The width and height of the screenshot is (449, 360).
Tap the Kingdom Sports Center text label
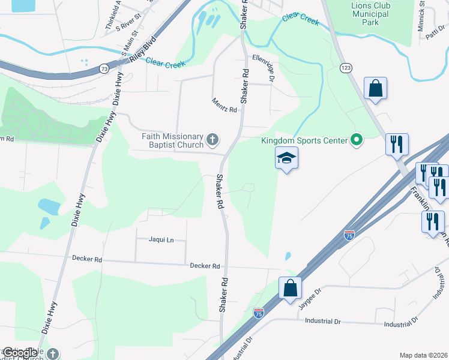(304, 141)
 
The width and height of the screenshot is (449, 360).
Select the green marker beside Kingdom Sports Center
(357, 141)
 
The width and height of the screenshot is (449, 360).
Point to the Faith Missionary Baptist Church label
(172, 140)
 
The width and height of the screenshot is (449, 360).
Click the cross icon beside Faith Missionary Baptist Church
(212, 140)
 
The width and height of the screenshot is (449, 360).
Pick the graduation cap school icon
(286, 159)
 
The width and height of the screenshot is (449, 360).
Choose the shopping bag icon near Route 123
(375, 89)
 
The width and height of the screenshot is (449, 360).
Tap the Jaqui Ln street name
(161, 240)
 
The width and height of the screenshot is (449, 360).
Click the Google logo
(19, 353)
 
